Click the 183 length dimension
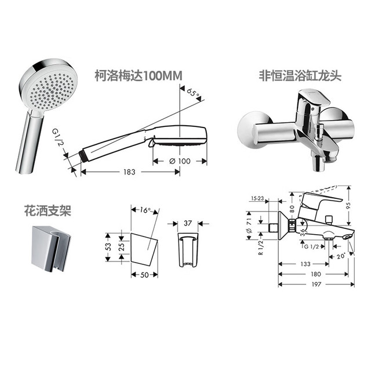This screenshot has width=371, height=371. click(x=129, y=172)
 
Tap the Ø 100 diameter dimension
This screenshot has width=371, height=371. click(x=180, y=161)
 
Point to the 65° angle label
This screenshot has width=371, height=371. click(x=193, y=93)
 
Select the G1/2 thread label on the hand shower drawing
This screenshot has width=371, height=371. click(x=57, y=137)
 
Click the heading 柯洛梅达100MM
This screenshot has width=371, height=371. click(x=139, y=76)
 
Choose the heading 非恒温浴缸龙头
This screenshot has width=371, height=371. click(x=300, y=76)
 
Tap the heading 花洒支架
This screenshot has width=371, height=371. click(x=48, y=210)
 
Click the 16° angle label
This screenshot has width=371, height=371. click(x=145, y=210)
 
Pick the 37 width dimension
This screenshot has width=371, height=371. click(x=188, y=223)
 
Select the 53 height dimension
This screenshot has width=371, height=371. click(x=108, y=247)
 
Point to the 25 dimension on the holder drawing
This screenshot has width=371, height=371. click(x=121, y=247)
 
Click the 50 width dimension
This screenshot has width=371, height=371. click(x=144, y=275)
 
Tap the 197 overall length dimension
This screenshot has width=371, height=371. click(x=317, y=284)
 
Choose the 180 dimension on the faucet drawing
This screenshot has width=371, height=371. click(x=315, y=274)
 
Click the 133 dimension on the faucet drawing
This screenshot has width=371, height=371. click(x=305, y=264)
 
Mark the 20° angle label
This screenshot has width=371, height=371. click(x=341, y=256)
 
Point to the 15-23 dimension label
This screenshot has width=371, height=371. click(x=257, y=198)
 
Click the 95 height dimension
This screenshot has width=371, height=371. click(x=348, y=205)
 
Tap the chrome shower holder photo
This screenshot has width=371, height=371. click(x=51, y=248)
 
